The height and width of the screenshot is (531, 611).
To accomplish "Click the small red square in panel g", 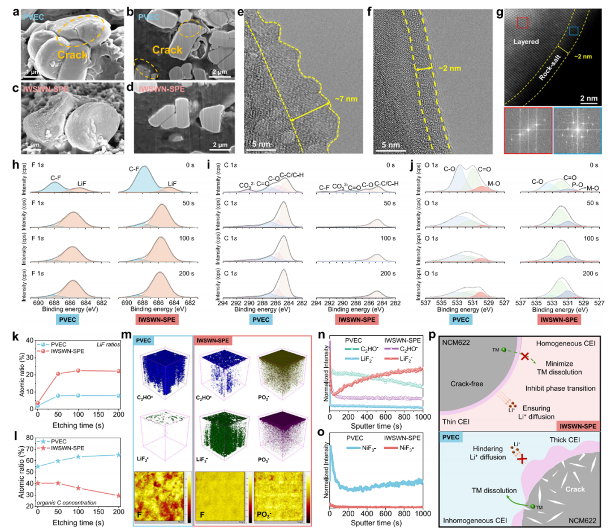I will pyautogui.click(x=522, y=23).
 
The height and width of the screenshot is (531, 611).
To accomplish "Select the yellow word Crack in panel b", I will pyautogui.click(x=167, y=50).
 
